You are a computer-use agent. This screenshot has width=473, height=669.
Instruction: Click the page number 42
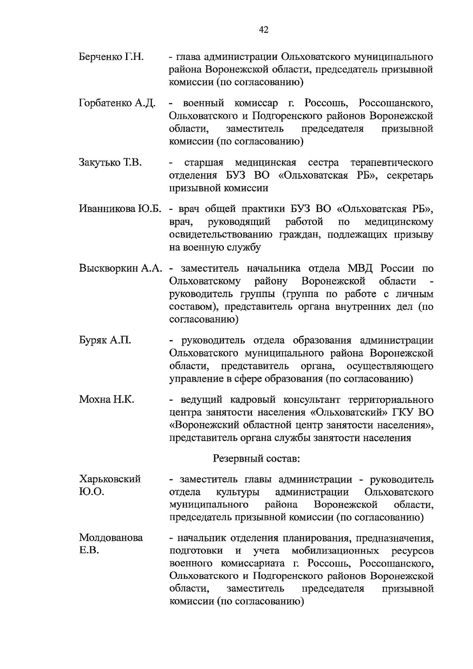pyautogui.click(x=264, y=30)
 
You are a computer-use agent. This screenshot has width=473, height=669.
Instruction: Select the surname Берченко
pyautogui.click(x=101, y=57)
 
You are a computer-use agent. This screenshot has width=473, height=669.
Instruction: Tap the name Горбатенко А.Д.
pyautogui.click(x=117, y=103)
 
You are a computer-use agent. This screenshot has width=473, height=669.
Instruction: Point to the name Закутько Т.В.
pyautogui.click(x=110, y=162)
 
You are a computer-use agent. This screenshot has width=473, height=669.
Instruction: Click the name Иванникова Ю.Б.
pyautogui.click(x=120, y=209)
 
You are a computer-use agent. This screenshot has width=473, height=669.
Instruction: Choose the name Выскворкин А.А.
pyautogui.click(x=121, y=268)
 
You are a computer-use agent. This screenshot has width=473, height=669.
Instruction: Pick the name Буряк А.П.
pyautogui.click(x=105, y=340)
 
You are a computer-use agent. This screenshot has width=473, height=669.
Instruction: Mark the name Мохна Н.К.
pyautogui.click(x=106, y=399)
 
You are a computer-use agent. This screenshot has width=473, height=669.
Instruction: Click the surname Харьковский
pyautogui.click(x=110, y=479)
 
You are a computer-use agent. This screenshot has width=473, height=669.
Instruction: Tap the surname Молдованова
pyautogui.click(x=111, y=538)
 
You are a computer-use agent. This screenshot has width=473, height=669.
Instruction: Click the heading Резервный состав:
pyautogui.click(x=256, y=458)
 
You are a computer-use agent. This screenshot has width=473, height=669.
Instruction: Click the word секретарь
pyautogui.click(x=410, y=175)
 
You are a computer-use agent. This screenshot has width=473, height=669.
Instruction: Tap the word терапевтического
pyautogui.click(x=391, y=162)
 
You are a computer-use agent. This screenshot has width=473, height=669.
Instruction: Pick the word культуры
pyautogui.click(x=238, y=492)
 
